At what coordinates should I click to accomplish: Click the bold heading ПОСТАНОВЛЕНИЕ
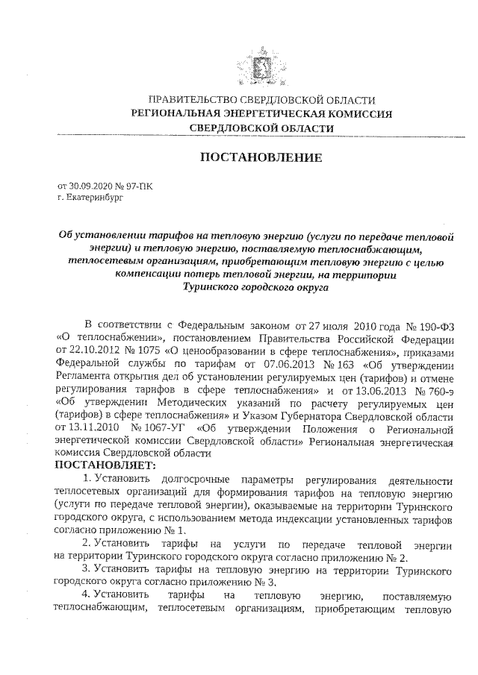[x=261, y=158]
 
